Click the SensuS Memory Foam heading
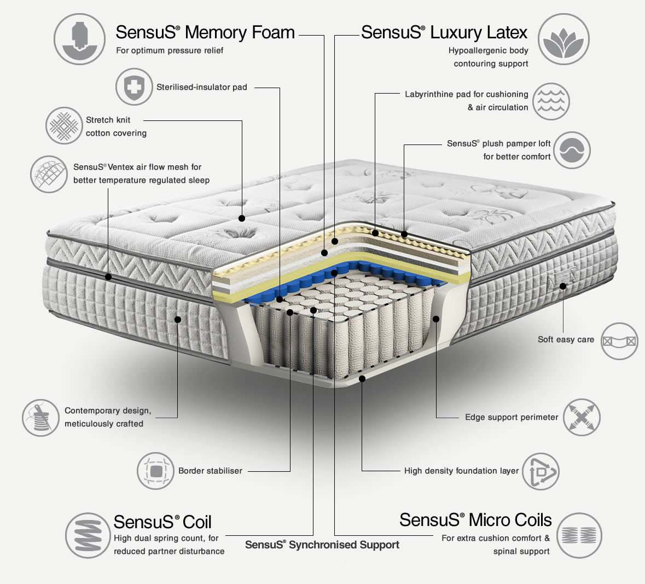[205, 32]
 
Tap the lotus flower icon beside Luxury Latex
[563, 39]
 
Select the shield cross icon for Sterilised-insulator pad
[133, 87]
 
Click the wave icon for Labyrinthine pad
[551, 101]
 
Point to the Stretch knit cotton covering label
[116, 126]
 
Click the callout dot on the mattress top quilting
[241, 218]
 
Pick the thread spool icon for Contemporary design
[40, 418]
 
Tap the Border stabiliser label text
[210, 471]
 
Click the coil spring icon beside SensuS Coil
[88, 535]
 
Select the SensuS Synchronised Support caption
[322, 545]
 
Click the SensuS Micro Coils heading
[475, 519]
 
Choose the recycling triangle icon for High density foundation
[540, 471]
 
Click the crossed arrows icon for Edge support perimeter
[582, 418]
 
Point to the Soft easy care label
[566, 339]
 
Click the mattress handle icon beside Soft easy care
[619, 341]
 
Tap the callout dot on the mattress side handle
[563, 286]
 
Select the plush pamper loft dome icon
[572, 150]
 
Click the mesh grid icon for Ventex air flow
[48, 174]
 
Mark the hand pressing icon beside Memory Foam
[79, 39]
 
